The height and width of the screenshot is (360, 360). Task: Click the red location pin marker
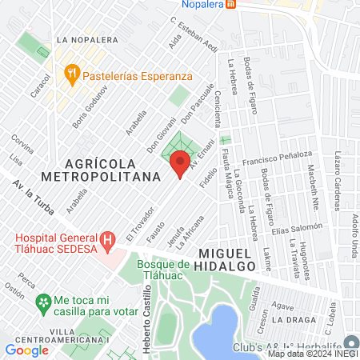[180, 163]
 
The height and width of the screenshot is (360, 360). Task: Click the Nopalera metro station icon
[231, 4]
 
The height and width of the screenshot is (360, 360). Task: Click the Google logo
[26, 350]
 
